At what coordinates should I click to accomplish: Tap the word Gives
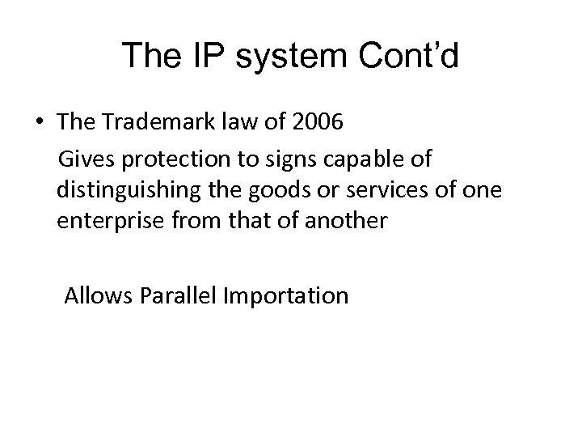click(x=90, y=160)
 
